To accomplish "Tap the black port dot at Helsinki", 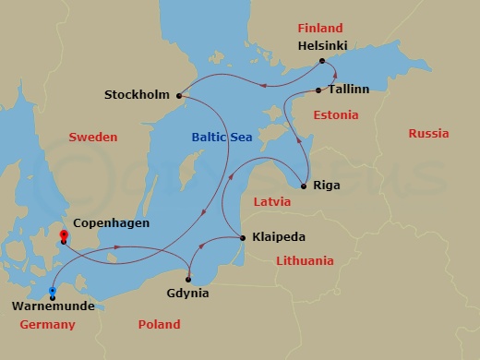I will click(x=322, y=62).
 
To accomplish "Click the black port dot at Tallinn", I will click(x=318, y=90).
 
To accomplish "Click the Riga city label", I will click(x=327, y=185).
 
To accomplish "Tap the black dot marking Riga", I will click(x=305, y=185).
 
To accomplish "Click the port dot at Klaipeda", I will click(x=243, y=238).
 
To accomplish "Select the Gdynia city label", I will click(x=188, y=294).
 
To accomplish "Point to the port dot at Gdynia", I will click(x=188, y=279).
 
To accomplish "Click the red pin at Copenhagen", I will click(x=64, y=236).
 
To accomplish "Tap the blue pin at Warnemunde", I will click(x=53, y=293).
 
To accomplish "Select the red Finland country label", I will click(x=319, y=28).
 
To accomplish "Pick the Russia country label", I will click(x=428, y=134).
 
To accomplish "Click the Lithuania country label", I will click(x=305, y=261).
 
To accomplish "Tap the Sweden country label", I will click(x=93, y=138).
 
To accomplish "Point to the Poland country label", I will click(x=159, y=325).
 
